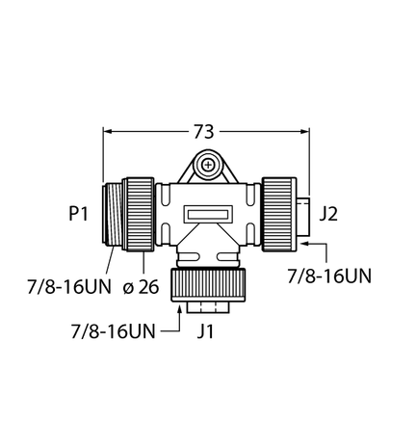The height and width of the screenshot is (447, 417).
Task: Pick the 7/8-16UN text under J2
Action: (329, 276)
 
